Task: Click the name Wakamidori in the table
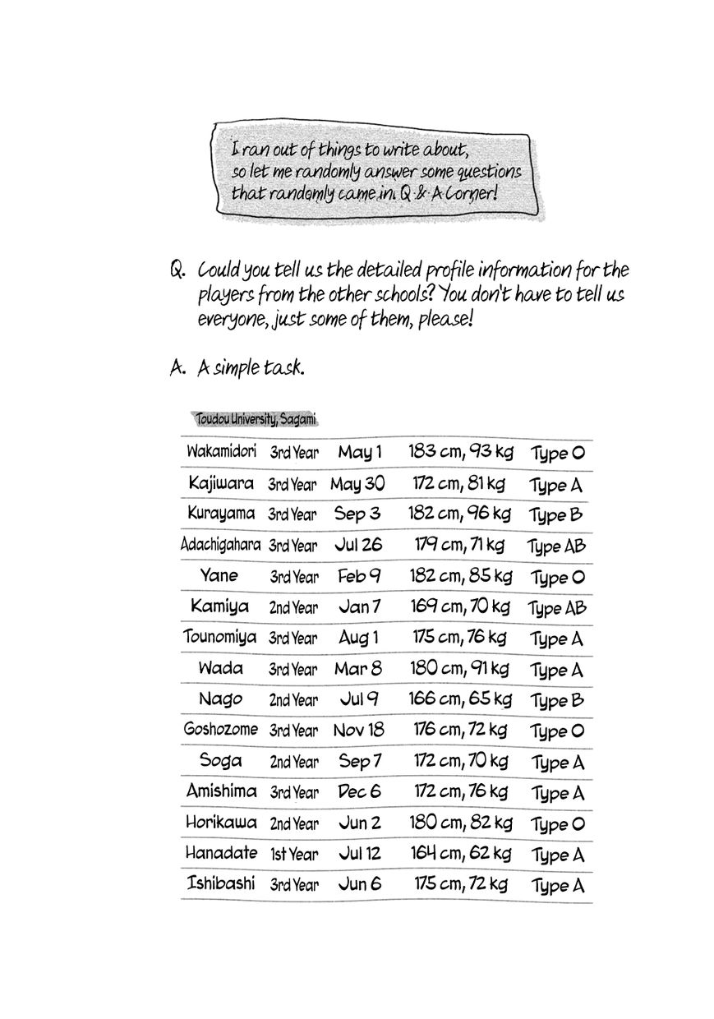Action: click(x=221, y=451)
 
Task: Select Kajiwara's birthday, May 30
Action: click(x=357, y=483)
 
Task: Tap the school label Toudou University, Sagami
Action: click(x=256, y=419)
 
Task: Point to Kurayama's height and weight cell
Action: click(x=459, y=514)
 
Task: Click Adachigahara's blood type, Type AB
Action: click(x=556, y=546)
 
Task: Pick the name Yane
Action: click(x=219, y=575)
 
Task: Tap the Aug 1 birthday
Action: click(x=359, y=638)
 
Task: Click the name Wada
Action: click(x=220, y=667)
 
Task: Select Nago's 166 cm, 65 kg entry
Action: click(x=459, y=699)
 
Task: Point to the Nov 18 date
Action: click(x=359, y=730)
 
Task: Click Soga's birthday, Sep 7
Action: click(x=360, y=761)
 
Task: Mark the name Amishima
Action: click(x=221, y=791)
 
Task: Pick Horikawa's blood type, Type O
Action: click(x=557, y=824)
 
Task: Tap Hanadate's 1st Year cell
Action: click(x=293, y=855)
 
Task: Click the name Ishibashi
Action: click(x=221, y=884)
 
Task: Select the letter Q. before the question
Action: click(x=177, y=271)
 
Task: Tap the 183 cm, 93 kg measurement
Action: click(x=459, y=451)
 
